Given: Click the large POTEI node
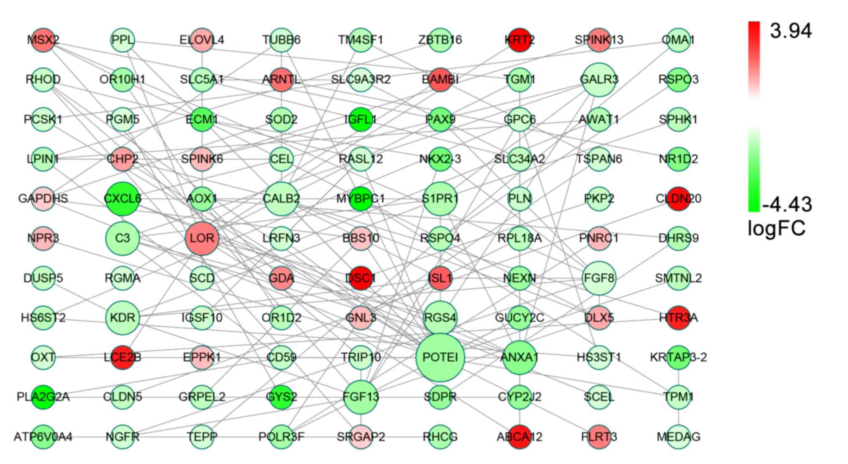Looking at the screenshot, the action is point(440,358).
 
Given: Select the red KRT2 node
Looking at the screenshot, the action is point(519,40).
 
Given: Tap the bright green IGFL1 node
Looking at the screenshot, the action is point(360,119).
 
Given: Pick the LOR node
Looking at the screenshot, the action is point(202,239).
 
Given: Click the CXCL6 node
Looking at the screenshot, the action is point(122,198).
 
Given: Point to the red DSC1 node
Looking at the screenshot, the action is point(360,278).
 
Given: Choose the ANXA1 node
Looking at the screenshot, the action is point(519,358).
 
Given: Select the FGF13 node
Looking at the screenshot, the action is point(360,397).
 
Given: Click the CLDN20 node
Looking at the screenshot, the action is point(678,198).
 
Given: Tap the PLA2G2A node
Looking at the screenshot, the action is point(43,397).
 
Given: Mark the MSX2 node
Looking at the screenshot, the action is point(43,40).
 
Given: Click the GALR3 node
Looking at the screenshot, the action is point(599,79).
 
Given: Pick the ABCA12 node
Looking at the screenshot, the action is point(519,437).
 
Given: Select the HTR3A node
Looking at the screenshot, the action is point(678,317).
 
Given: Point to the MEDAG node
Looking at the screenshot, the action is point(678,437).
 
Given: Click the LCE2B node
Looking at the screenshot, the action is point(122,358).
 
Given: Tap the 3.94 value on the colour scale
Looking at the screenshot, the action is point(790,31).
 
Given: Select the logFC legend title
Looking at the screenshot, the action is point(776,228).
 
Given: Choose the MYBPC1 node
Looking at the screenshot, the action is point(360,198).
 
